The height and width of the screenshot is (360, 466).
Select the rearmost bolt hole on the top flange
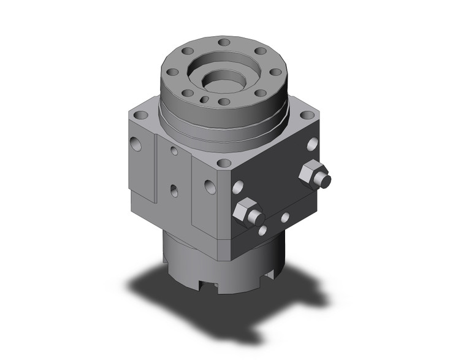(x=224, y=42)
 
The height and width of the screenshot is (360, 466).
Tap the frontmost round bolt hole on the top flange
(x=224, y=102)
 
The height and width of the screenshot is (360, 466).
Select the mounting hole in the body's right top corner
(x=305, y=115)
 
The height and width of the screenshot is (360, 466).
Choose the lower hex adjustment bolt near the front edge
(x=246, y=212)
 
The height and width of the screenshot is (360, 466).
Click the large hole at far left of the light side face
(x=136, y=144)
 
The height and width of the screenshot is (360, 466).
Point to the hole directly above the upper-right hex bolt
(x=311, y=145)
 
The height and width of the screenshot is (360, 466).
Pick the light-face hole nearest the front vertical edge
(x=210, y=186)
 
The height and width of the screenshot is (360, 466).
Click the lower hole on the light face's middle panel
(x=174, y=192)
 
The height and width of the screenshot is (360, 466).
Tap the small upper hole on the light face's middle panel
(x=175, y=150)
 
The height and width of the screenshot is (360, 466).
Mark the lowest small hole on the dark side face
(x=262, y=231)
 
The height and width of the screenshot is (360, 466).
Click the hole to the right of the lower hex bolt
(x=285, y=217)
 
